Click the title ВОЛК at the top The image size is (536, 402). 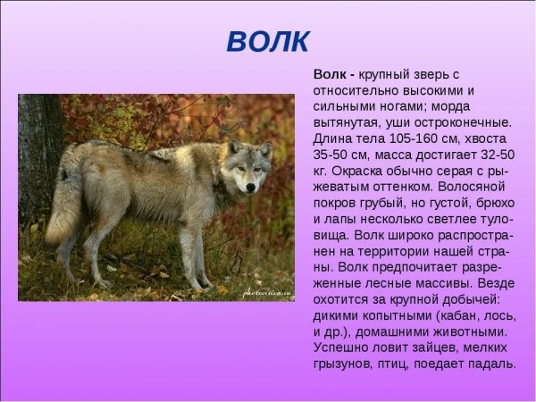(267, 41)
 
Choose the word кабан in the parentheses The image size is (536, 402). (453, 315)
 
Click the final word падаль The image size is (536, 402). (492, 364)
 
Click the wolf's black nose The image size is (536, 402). (250, 188)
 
